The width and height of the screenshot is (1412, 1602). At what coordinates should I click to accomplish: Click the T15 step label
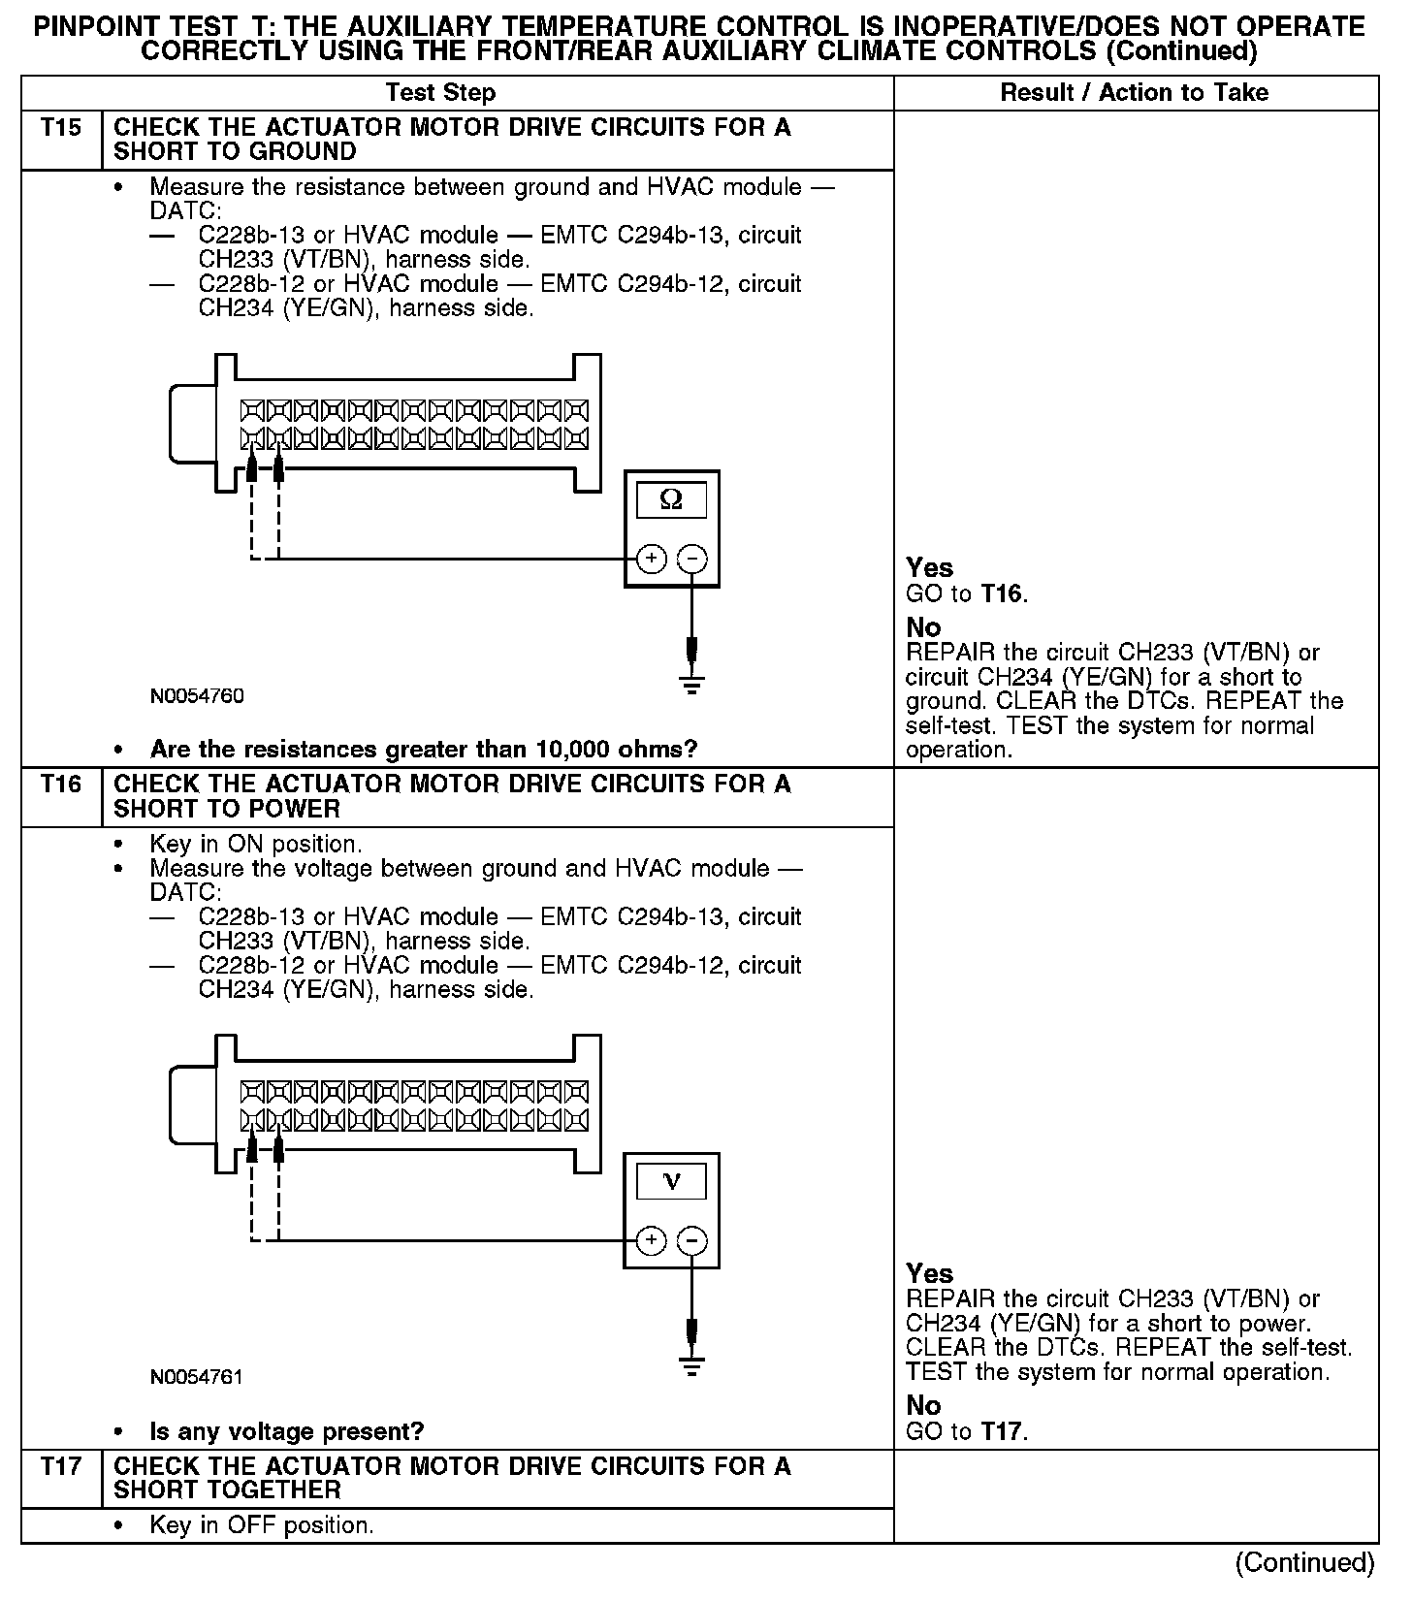(x=61, y=128)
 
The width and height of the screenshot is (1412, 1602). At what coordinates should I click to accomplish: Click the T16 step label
(x=61, y=785)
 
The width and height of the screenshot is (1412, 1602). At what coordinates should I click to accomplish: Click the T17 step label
(x=61, y=1466)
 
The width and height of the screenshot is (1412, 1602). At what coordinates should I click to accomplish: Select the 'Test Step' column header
(x=440, y=93)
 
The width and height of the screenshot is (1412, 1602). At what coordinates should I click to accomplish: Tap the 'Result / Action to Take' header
(x=1134, y=93)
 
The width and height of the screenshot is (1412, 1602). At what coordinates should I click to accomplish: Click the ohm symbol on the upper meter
(x=670, y=500)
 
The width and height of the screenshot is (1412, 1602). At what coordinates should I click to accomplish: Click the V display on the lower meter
(x=670, y=1181)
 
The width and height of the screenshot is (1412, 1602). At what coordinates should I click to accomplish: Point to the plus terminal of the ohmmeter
(x=652, y=559)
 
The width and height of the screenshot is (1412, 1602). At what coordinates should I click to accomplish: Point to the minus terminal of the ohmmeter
(x=691, y=559)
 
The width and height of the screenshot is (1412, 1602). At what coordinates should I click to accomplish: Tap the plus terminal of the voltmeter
(x=652, y=1240)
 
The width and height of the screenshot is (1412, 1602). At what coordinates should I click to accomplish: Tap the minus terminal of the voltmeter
(x=691, y=1240)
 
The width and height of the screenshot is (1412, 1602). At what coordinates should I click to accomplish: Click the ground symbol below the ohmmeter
(x=691, y=685)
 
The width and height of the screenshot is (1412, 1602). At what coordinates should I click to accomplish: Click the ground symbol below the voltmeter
(x=691, y=1366)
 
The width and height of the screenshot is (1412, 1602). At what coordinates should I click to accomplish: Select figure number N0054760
(x=197, y=696)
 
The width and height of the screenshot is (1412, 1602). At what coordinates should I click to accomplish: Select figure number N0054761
(x=197, y=1377)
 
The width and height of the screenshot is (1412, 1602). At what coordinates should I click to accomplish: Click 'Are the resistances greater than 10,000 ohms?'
(x=424, y=750)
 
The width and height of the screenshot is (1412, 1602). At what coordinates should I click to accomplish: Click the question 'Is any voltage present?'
(x=287, y=1431)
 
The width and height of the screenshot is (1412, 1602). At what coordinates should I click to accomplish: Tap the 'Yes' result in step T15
(x=929, y=568)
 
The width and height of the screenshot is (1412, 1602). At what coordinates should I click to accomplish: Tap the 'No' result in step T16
(x=923, y=1405)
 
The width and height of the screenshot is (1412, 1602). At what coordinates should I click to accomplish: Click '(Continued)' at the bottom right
(x=1304, y=1562)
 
